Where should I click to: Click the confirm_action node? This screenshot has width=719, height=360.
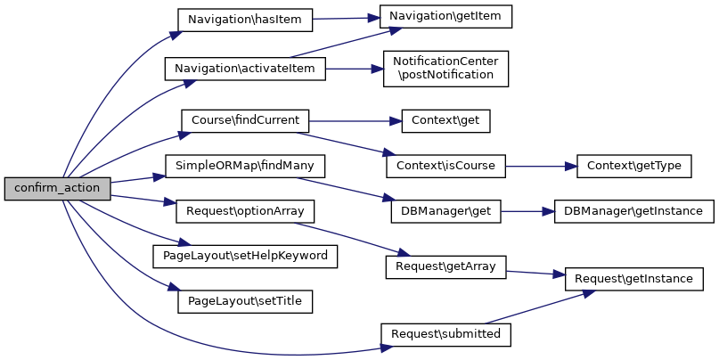pos(58,189)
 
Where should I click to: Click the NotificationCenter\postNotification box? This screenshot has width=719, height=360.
pos(445,68)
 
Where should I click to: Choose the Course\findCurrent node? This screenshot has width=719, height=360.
pos(245,119)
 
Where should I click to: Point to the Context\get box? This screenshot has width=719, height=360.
pos(446,119)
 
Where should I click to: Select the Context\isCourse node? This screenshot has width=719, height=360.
pos(445,166)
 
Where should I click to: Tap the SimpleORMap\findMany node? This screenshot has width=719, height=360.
pos(245,166)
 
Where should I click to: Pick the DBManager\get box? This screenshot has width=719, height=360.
pos(446,212)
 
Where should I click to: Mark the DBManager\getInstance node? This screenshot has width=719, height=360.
pos(633,212)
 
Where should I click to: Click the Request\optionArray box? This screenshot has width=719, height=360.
pos(245,212)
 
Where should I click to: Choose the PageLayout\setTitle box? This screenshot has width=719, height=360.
pos(245,301)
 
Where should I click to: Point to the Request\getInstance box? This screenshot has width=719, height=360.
pos(634,279)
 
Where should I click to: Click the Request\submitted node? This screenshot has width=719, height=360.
pos(446,334)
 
